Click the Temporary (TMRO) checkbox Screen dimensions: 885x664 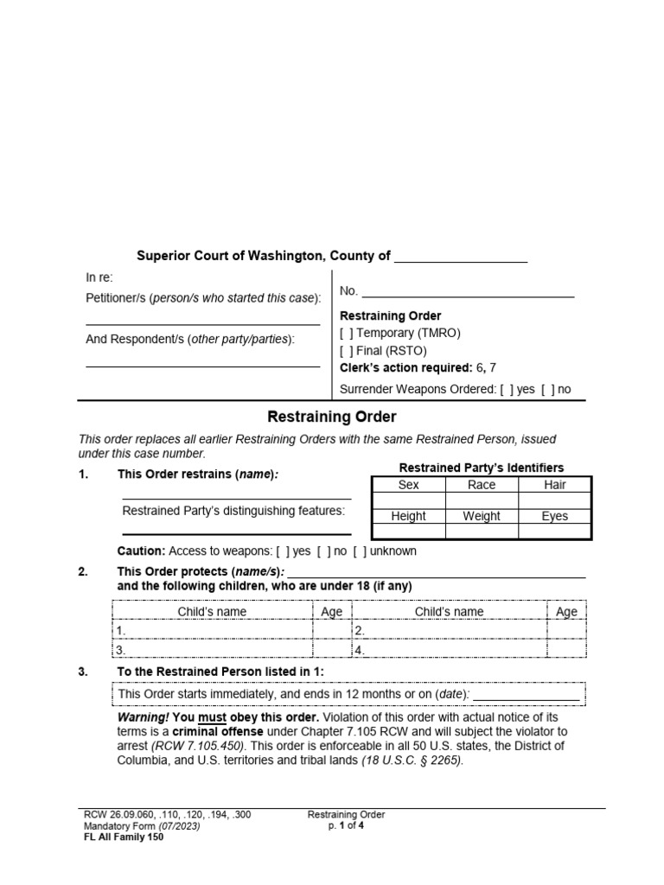click(x=346, y=333)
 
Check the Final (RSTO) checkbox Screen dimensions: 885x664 click(x=346, y=351)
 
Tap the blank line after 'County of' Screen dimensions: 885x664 click(x=460, y=258)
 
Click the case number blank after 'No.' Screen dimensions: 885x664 click(x=468, y=292)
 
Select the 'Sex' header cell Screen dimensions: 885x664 click(x=408, y=485)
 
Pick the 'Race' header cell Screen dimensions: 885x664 click(x=482, y=485)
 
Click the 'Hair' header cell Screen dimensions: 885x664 click(x=555, y=485)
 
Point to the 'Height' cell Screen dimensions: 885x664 click(x=408, y=516)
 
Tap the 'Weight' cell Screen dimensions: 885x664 click(x=482, y=516)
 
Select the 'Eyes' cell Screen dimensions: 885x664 click(x=555, y=516)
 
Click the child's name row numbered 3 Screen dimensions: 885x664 click(x=213, y=650)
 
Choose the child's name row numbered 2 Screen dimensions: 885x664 click(x=449, y=631)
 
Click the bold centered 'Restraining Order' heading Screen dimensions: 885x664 click(x=332, y=417)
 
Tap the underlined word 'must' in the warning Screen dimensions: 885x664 click(x=213, y=718)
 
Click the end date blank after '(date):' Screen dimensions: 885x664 click(x=526, y=694)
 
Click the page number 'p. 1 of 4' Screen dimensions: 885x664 click(x=345, y=825)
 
